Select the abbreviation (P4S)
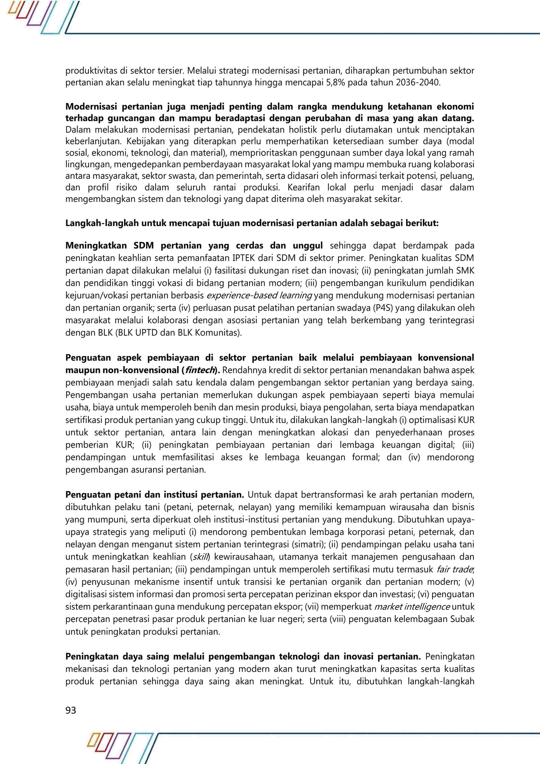click(383, 308)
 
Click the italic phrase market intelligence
click(412, 607)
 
